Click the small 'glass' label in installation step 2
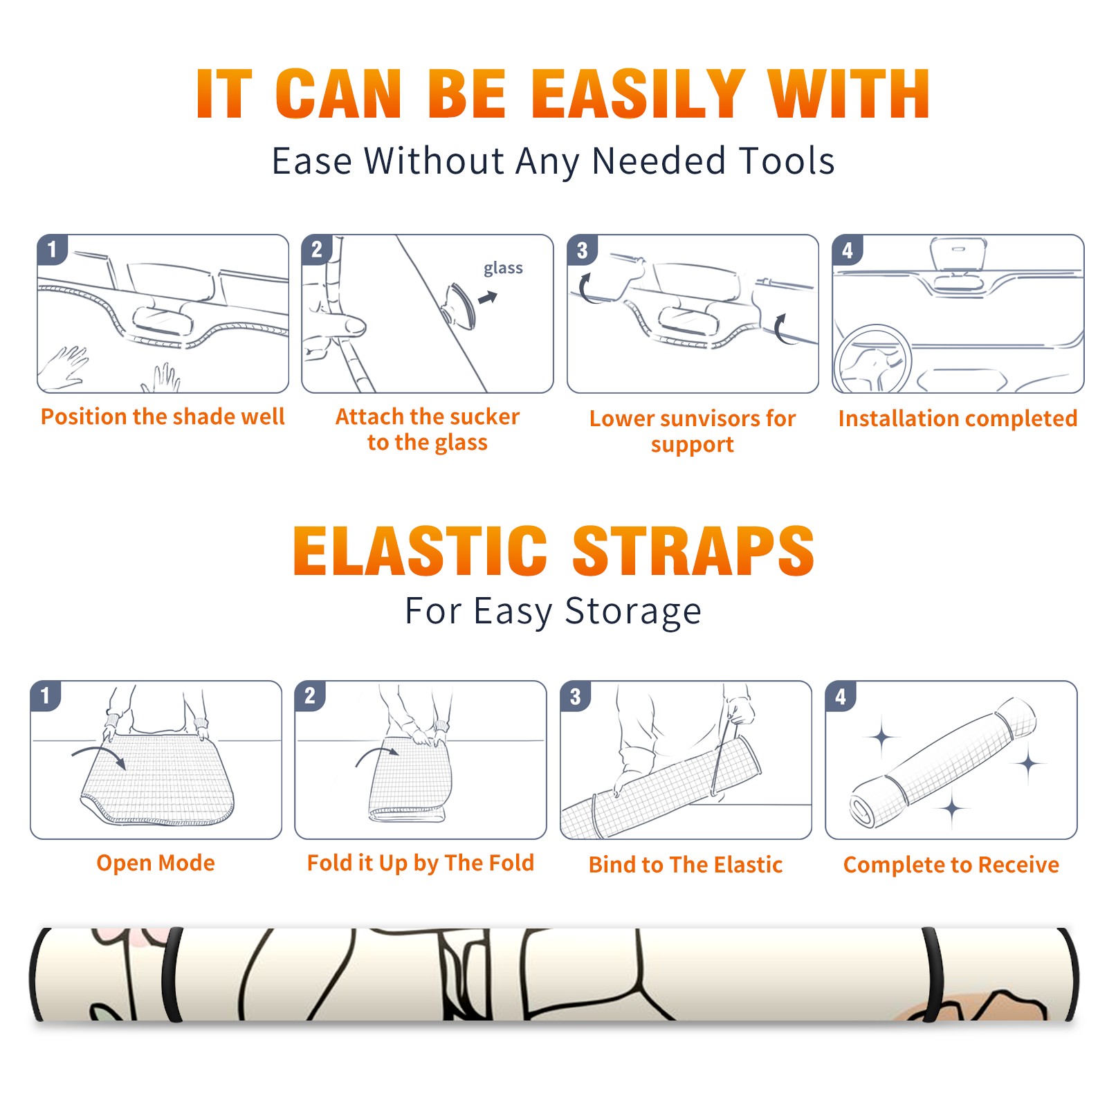click(x=503, y=268)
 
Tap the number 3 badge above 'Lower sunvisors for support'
click(x=583, y=250)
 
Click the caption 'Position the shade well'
click(x=163, y=417)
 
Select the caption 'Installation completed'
click(x=958, y=418)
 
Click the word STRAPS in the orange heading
click(x=693, y=551)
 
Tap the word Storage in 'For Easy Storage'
click(x=632, y=612)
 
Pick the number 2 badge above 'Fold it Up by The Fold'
click(x=310, y=695)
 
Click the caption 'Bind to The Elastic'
click(x=685, y=864)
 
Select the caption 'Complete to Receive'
click(x=951, y=864)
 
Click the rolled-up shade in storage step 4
click(x=942, y=763)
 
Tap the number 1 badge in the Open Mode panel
click(x=46, y=695)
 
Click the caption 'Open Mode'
click(x=156, y=863)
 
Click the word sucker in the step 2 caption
click(x=484, y=417)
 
